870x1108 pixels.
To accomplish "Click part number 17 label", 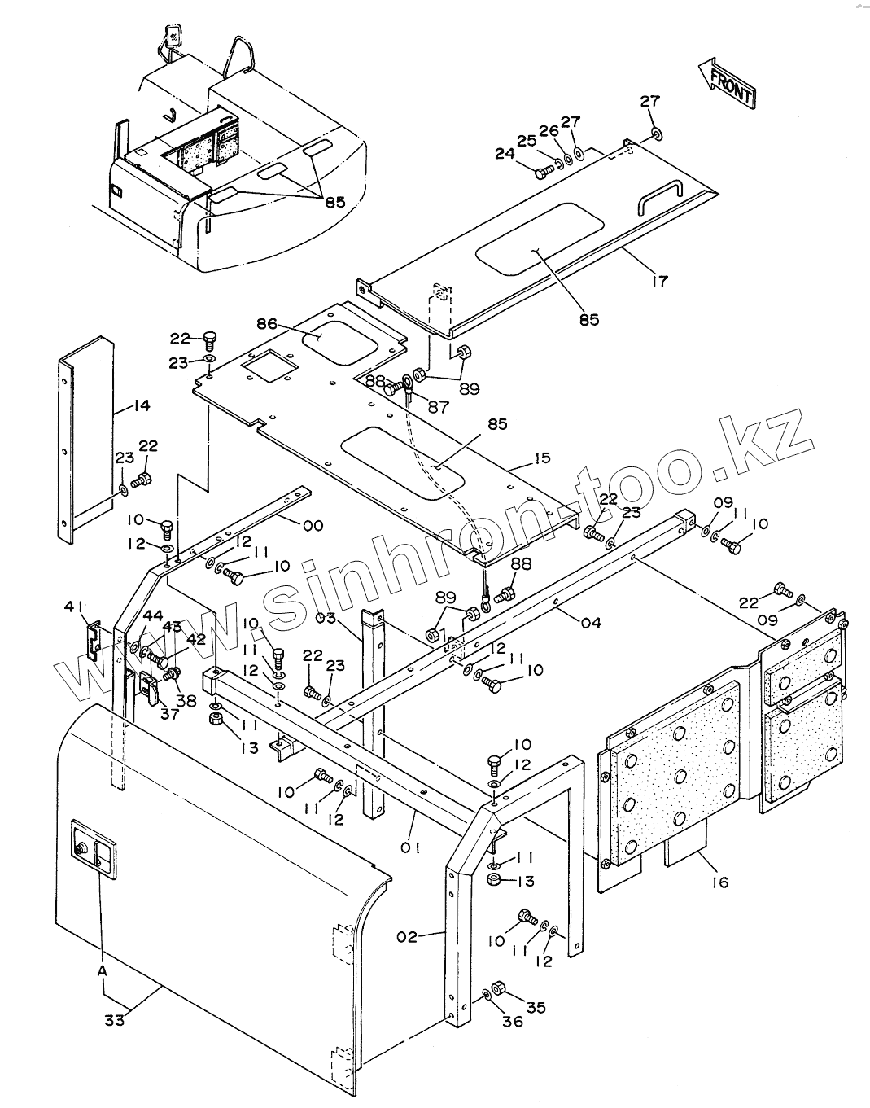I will coord(659,281).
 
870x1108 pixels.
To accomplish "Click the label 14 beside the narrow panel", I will coord(142,405).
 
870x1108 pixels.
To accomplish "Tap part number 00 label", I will coord(313,525).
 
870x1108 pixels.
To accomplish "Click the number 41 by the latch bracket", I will coord(75,606).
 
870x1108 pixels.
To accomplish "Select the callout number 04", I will coord(591,623).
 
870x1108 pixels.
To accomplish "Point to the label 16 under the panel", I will coord(719,882).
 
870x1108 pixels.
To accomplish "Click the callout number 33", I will coord(115,1019).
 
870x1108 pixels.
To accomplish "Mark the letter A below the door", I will coord(102,970).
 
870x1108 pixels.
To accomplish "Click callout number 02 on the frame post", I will coord(408,937).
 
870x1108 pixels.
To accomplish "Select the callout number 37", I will coord(169,714).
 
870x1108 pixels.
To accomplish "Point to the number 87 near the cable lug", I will coord(438,407).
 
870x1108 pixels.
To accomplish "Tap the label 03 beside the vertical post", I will coord(326,618).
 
